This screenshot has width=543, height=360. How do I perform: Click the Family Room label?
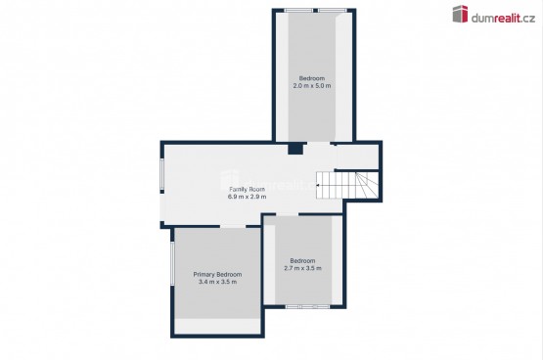click(x=248, y=189)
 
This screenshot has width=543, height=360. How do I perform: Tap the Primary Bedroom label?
click(x=217, y=274)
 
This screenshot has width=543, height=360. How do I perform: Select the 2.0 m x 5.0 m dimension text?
click(x=312, y=85)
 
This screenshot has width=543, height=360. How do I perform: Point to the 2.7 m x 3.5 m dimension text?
click(x=302, y=268)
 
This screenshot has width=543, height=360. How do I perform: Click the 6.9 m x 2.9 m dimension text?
click(x=248, y=197)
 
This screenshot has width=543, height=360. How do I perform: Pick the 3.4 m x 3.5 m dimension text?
click(x=217, y=282)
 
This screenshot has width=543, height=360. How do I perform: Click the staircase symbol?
click(x=347, y=186)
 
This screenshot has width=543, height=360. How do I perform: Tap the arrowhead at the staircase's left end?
click(x=318, y=186)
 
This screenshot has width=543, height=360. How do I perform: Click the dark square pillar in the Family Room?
click(x=295, y=149)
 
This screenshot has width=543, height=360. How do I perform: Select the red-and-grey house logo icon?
click(x=460, y=15)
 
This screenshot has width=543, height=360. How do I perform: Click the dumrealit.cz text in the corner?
click(x=503, y=18)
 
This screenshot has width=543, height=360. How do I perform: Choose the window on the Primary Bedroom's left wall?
click(x=172, y=263)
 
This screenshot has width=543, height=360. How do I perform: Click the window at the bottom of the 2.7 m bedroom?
click(x=307, y=306)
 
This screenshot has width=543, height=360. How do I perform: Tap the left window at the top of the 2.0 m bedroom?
click(x=298, y=11)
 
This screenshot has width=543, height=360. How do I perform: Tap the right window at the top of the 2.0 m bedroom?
click(x=332, y=11)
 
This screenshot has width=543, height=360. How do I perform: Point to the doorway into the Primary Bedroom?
click(x=233, y=227)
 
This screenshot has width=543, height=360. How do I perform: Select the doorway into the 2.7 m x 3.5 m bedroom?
click(x=287, y=214)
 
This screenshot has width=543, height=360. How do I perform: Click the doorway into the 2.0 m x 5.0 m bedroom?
click(x=319, y=143)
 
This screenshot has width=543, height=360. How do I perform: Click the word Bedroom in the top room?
click(x=312, y=78)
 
